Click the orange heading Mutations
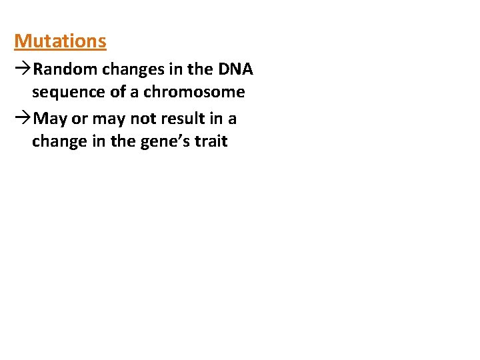click(60, 41)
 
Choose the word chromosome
click(195, 92)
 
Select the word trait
click(210, 141)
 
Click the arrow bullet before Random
click(23, 69)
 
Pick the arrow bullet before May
click(23, 119)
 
